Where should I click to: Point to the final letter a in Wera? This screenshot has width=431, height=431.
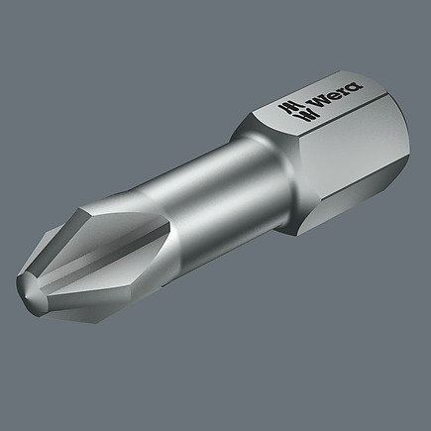[354, 86]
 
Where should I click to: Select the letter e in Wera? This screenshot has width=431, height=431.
[335, 95]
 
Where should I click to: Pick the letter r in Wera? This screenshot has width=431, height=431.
[344, 90]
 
